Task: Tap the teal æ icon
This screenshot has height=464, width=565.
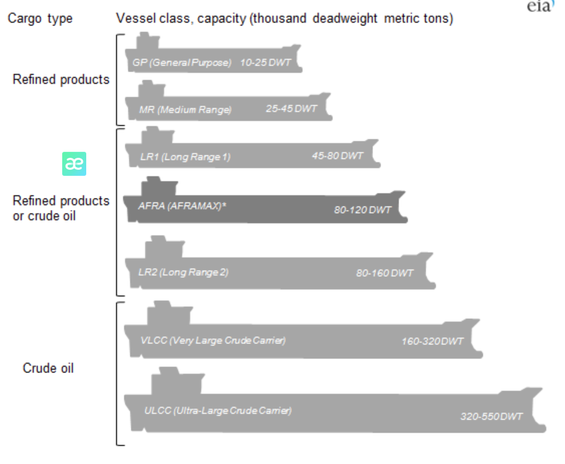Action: tap(74, 164)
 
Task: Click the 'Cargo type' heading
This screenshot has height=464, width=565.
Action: tap(39, 19)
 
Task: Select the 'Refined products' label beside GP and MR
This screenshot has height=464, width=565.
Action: tap(61, 80)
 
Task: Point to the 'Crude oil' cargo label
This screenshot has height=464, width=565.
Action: tap(48, 368)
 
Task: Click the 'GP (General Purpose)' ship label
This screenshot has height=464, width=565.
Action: tap(182, 63)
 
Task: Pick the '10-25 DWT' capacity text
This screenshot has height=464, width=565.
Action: tap(265, 63)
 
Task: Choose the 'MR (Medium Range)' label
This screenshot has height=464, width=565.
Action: tap(185, 110)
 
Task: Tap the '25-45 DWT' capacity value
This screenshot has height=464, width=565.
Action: tap(292, 108)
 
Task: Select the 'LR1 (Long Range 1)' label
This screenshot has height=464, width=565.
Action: tap(185, 157)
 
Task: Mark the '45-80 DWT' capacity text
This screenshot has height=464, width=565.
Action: tap(338, 156)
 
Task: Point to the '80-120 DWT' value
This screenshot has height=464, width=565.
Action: tap(362, 210)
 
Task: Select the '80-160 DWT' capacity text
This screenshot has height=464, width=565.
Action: tap(384, 273)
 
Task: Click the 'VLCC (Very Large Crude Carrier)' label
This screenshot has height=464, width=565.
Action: tap(213, 340)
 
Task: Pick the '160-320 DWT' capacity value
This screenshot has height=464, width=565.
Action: tap(432, 341)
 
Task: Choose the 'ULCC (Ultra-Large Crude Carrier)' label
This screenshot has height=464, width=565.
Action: tap(218, 410)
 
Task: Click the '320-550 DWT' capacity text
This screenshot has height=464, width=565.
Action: tap(491, 417)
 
